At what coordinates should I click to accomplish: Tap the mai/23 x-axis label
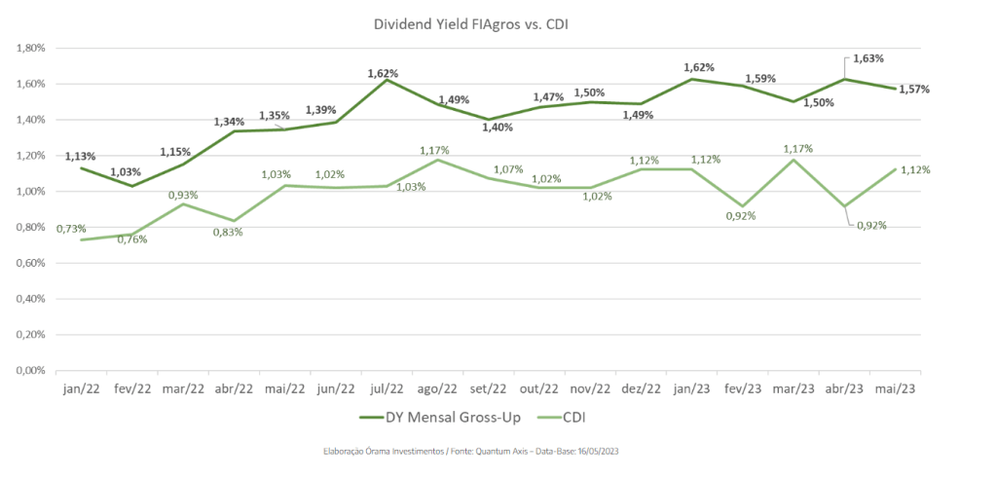[x=895, y=387]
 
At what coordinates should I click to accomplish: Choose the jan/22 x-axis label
[x=81, y=387]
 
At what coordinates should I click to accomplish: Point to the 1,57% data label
[x=913, y=90]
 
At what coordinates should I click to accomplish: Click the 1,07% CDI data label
[x=507, y=169]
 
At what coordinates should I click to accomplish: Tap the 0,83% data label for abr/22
[x=227, y=232]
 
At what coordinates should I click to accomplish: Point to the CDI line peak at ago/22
[x=436, y=160]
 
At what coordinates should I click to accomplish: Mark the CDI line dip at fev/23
[x=742, y=206]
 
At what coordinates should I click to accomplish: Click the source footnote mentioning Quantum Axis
[x=471, y=452]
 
